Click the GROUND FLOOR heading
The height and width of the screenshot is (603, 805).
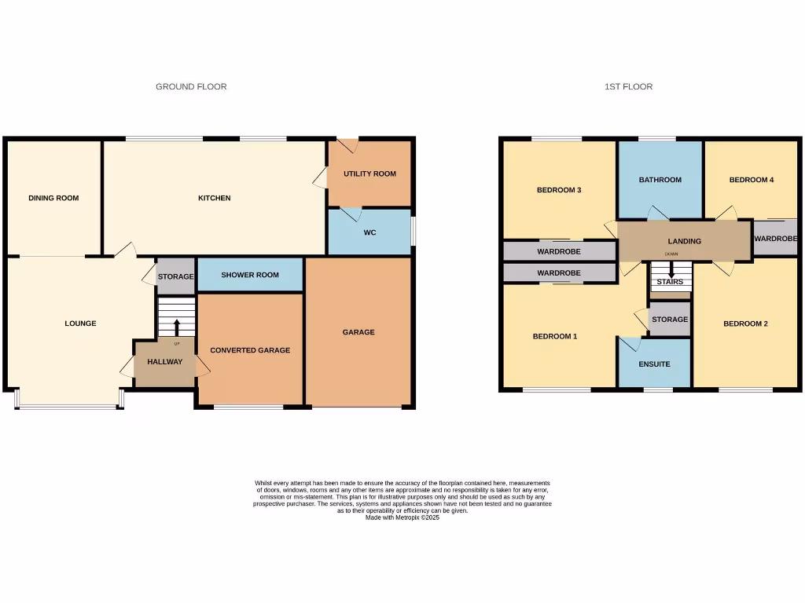click(191, 86)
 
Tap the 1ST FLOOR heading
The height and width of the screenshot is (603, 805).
click(628, 86)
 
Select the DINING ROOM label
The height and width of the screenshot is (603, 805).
click(53, 198)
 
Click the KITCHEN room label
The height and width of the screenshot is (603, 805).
click(214, 198)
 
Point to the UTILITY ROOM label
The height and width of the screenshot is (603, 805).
click(369, 174)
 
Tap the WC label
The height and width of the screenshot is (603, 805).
click(369, 233)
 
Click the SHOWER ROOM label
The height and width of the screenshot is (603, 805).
click(250, 275)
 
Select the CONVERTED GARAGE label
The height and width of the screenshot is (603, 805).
click(250, 350)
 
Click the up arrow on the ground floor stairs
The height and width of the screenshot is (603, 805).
click(176, 327)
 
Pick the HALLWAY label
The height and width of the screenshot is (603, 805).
click(165, 362)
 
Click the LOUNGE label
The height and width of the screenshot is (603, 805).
click(80, 323)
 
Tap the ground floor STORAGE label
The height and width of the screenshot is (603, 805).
click(176, 277)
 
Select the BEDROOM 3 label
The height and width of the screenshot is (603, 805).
click(559, 190)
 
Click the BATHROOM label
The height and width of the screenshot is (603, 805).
click(660, 180)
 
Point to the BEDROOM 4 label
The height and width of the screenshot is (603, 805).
click(752, 180)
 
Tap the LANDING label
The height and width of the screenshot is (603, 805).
click(684, 241)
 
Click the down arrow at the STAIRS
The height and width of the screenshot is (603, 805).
click(671, 269)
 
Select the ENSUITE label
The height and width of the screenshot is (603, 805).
click(654, 364)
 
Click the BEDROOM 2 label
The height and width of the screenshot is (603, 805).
click(745, 323)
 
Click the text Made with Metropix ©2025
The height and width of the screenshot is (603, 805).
click(402, 517)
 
